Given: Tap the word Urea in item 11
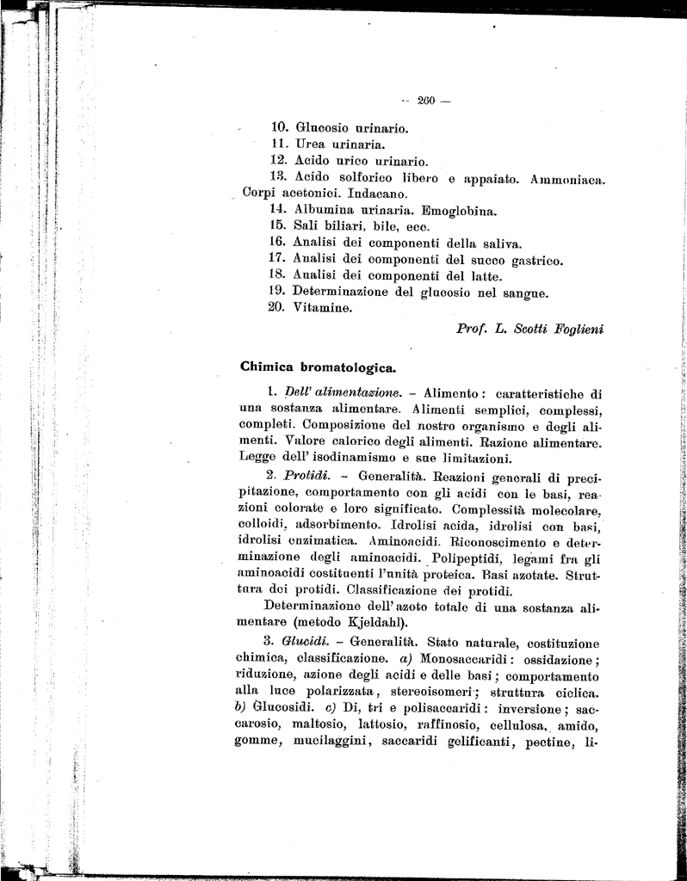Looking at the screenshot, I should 312,145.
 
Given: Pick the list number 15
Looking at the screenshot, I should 277,225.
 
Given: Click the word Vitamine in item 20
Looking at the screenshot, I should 323,308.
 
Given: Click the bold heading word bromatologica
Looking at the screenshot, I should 349,366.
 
